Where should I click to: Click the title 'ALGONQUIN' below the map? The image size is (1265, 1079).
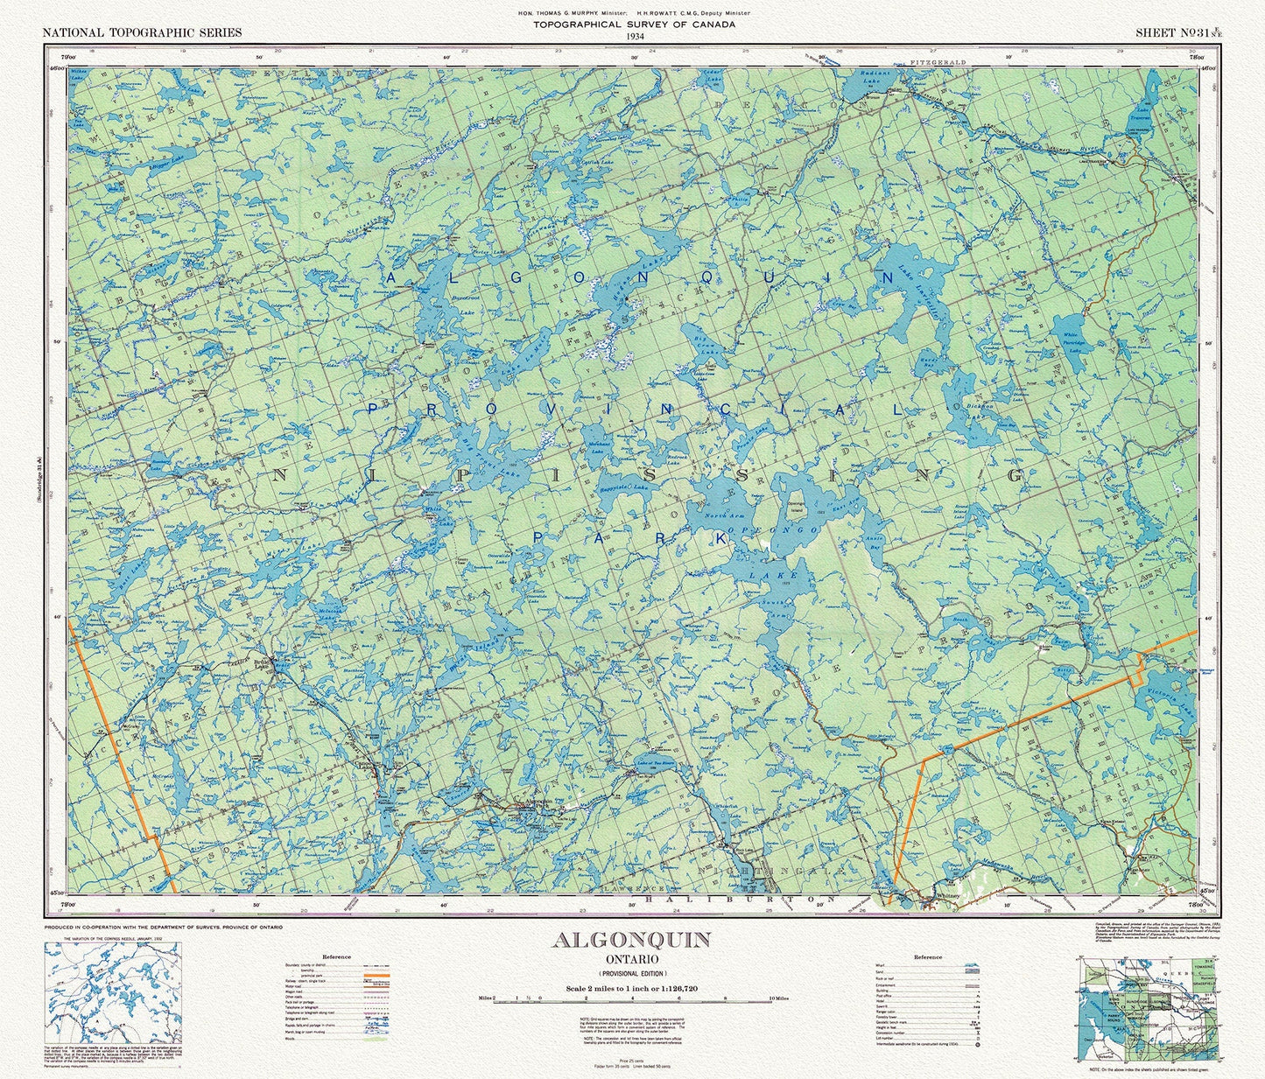(631, 940)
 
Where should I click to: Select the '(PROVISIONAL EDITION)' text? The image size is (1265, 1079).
(631, 974)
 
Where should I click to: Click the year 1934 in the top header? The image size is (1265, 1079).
(634, 35)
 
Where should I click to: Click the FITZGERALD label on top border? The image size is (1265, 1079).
(938, 63)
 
